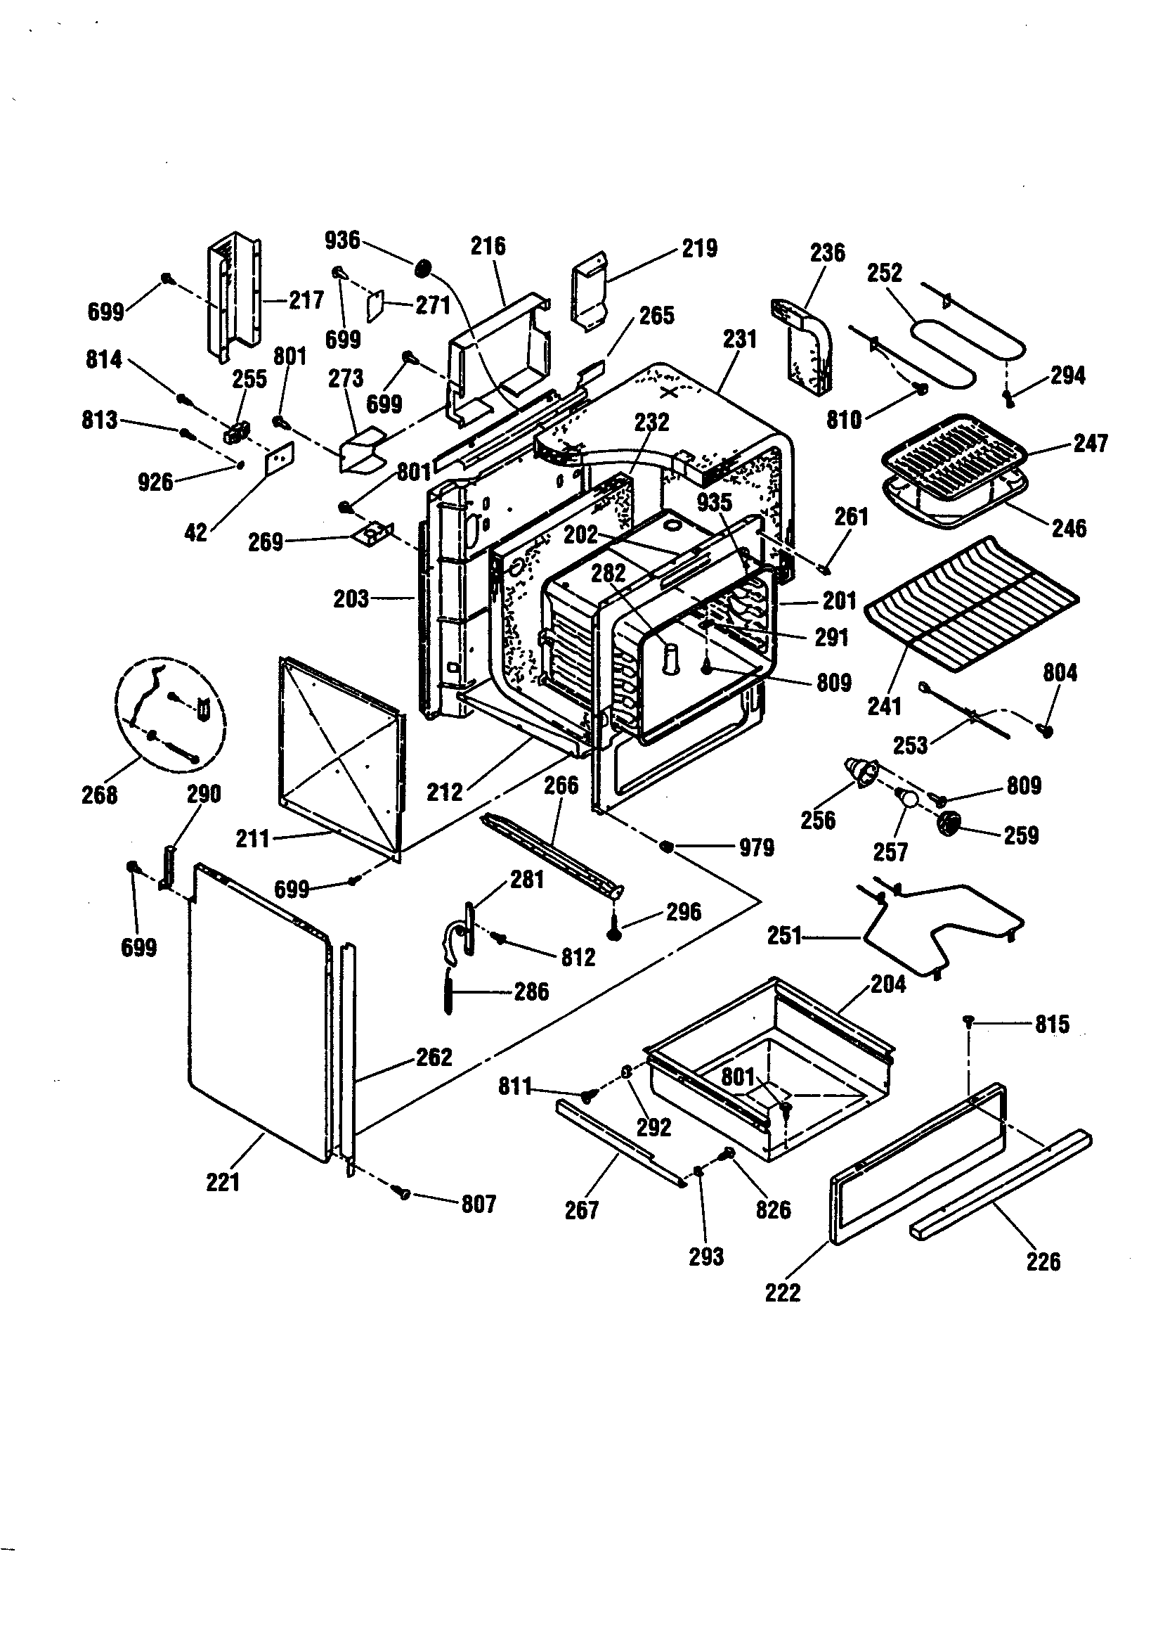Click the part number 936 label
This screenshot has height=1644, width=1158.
[x=342, y=240]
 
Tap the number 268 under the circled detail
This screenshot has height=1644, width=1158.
[x=100, y=794]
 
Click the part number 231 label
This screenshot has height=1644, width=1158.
[x=739, y=339]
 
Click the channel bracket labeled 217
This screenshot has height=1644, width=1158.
[x=233, y=297]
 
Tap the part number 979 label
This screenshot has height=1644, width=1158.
[x=757, y=848]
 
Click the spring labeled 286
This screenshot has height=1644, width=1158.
[x=449, y=991]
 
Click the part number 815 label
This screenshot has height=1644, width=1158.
[x=1052, y=1024]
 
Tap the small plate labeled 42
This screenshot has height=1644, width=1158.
[x=279, y=458]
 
